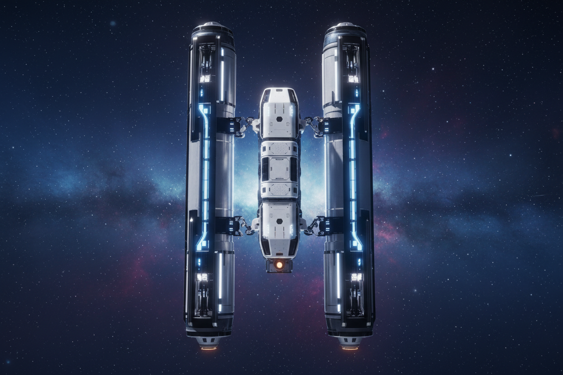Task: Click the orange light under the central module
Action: coord(279,265)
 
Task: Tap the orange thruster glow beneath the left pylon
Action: coord(208,348)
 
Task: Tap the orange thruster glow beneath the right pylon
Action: coord(350,348)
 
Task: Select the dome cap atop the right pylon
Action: coord(345,25)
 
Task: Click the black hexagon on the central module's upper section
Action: coord(279,119)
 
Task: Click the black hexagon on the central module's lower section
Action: coord(279,222)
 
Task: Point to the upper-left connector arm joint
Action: coord(245,124)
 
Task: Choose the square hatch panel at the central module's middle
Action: coord(279,169)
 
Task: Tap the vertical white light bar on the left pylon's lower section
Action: coord(220,275)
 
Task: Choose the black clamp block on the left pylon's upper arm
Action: coord(226,125)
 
